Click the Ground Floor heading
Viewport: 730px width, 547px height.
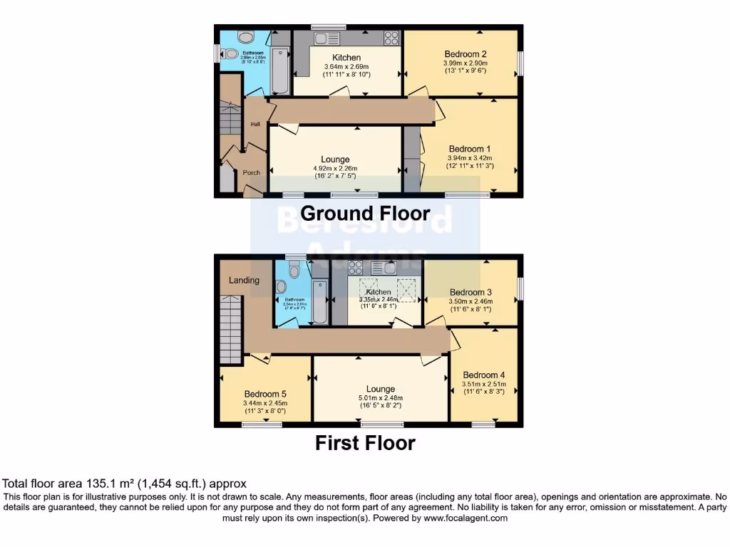pyautogui.click(x=365, y=213)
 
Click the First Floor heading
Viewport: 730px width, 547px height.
pyautogui.click(x=365, y=443)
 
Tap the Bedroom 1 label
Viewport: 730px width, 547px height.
pyautogui.click(x=470, y=149)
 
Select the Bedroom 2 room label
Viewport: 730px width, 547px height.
pyautogui.click(x=466, y=54)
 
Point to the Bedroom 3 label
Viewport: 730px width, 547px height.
pyautogui.click(x=471, y=292)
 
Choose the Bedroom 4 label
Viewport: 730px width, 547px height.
pyautogui.click(x=484, y=375)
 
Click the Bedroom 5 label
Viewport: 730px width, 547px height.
pyautogui.click(x=265, y=394)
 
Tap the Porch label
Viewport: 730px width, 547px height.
pyautogui.click(x=251, y=172)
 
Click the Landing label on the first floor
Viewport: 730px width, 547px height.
pyautogui.click(x=244, y=280)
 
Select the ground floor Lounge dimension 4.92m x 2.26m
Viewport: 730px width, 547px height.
pyautogui.click(x=334, y=168)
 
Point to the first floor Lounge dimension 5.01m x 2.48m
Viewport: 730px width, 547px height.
pyautogui.click(x=381, y=398)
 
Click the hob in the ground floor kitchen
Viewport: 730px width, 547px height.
pyautogui.click(x=391, y=38)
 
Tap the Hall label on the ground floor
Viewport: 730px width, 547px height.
pyautogui.click(x=255, y=125)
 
